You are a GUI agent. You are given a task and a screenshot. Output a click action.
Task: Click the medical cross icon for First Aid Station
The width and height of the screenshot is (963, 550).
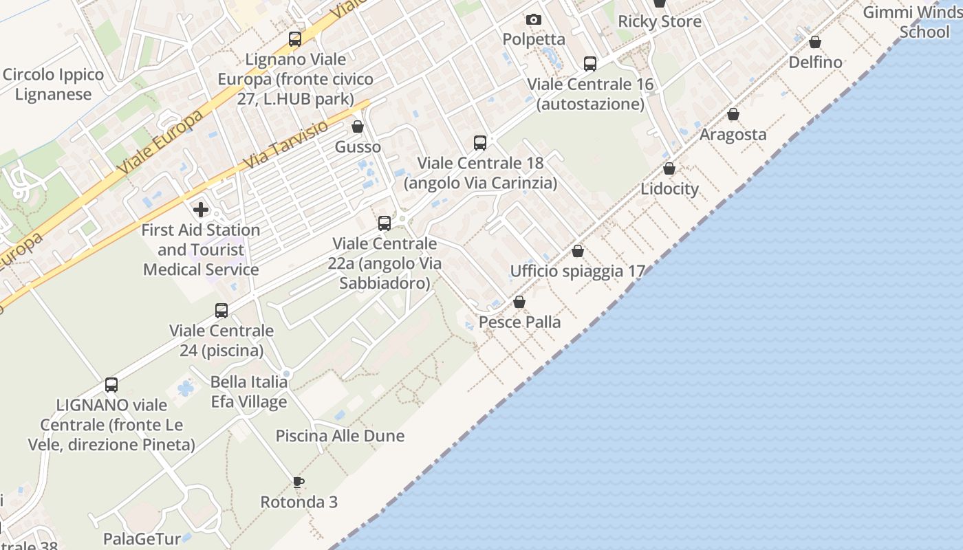201,209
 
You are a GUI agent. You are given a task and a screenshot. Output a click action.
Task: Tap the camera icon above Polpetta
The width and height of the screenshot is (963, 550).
534,19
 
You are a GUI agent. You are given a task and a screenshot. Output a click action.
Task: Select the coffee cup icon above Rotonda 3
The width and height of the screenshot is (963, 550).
298,482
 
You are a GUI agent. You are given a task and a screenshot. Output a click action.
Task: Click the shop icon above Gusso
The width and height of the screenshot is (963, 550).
358,126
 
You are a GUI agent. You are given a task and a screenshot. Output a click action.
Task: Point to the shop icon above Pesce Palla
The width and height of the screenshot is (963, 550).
519,302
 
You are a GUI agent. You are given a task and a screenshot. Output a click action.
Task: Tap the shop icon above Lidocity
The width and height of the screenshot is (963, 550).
669,168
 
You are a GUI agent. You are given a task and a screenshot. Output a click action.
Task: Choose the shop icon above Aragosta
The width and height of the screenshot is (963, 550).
733,114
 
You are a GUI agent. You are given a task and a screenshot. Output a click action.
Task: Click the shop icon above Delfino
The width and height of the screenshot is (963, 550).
815,42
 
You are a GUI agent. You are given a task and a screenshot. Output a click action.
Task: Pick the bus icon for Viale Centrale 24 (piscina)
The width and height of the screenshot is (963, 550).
221,311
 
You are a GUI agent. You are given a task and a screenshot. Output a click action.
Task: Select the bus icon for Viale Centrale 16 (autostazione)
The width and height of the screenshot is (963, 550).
590,64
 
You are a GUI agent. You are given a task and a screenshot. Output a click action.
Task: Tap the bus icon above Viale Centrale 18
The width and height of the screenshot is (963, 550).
480,143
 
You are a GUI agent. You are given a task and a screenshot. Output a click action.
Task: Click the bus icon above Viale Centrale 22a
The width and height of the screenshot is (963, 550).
385,223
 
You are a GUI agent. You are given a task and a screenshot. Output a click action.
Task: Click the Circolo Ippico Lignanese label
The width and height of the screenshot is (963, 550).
54,85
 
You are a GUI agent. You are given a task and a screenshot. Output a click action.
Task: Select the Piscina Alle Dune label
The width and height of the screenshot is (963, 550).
340,436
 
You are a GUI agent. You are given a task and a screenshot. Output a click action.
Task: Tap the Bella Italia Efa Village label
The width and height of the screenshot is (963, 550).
249,392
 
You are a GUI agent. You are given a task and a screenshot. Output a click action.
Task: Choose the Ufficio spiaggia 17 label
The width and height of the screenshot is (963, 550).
577,271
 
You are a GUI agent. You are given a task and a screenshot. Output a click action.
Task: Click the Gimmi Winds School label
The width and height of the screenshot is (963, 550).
914,22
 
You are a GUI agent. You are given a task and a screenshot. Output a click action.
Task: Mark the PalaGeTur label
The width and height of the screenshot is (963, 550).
142,538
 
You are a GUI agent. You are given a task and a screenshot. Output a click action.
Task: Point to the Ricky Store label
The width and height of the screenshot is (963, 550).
660,21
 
